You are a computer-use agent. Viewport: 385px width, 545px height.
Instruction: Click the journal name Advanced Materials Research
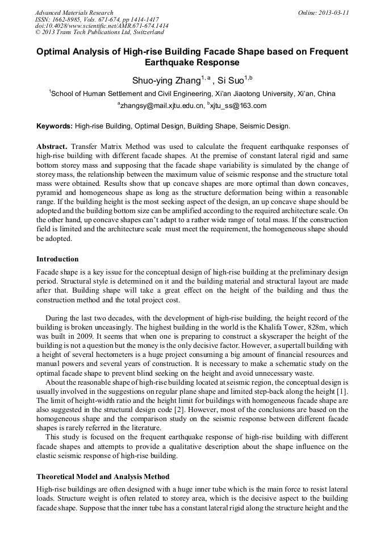(x=74, y=13)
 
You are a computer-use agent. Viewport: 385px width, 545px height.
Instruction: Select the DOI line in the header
(x=102, y=26)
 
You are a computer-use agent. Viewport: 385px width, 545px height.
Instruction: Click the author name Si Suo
(x=229, y=80)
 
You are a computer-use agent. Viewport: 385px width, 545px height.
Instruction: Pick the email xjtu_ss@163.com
(x=238, y=106)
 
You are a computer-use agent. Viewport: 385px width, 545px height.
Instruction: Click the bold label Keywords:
(x=55, y=126)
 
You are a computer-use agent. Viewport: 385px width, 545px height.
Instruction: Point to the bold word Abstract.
(x=52, y=147)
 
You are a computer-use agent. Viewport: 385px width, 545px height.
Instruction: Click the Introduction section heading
(x=57, y=259)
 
